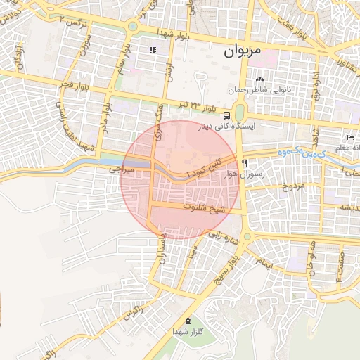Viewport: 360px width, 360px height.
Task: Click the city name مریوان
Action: [243, 52]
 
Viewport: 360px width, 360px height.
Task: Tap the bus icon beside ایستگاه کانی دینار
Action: [226, 115]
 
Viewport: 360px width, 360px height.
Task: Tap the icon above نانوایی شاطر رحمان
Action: [259, 79]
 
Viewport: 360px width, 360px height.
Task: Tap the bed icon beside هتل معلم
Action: [349, 137]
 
